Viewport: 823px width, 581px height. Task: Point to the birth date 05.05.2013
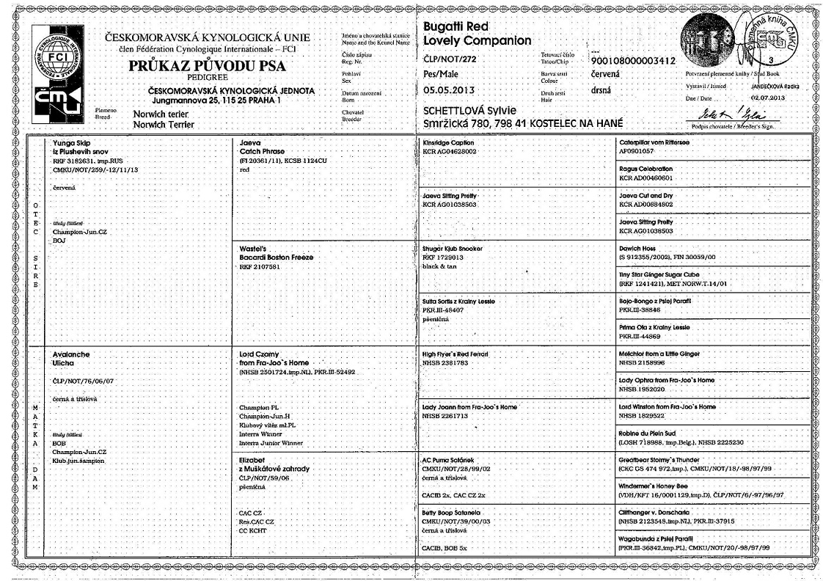[450, 90]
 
